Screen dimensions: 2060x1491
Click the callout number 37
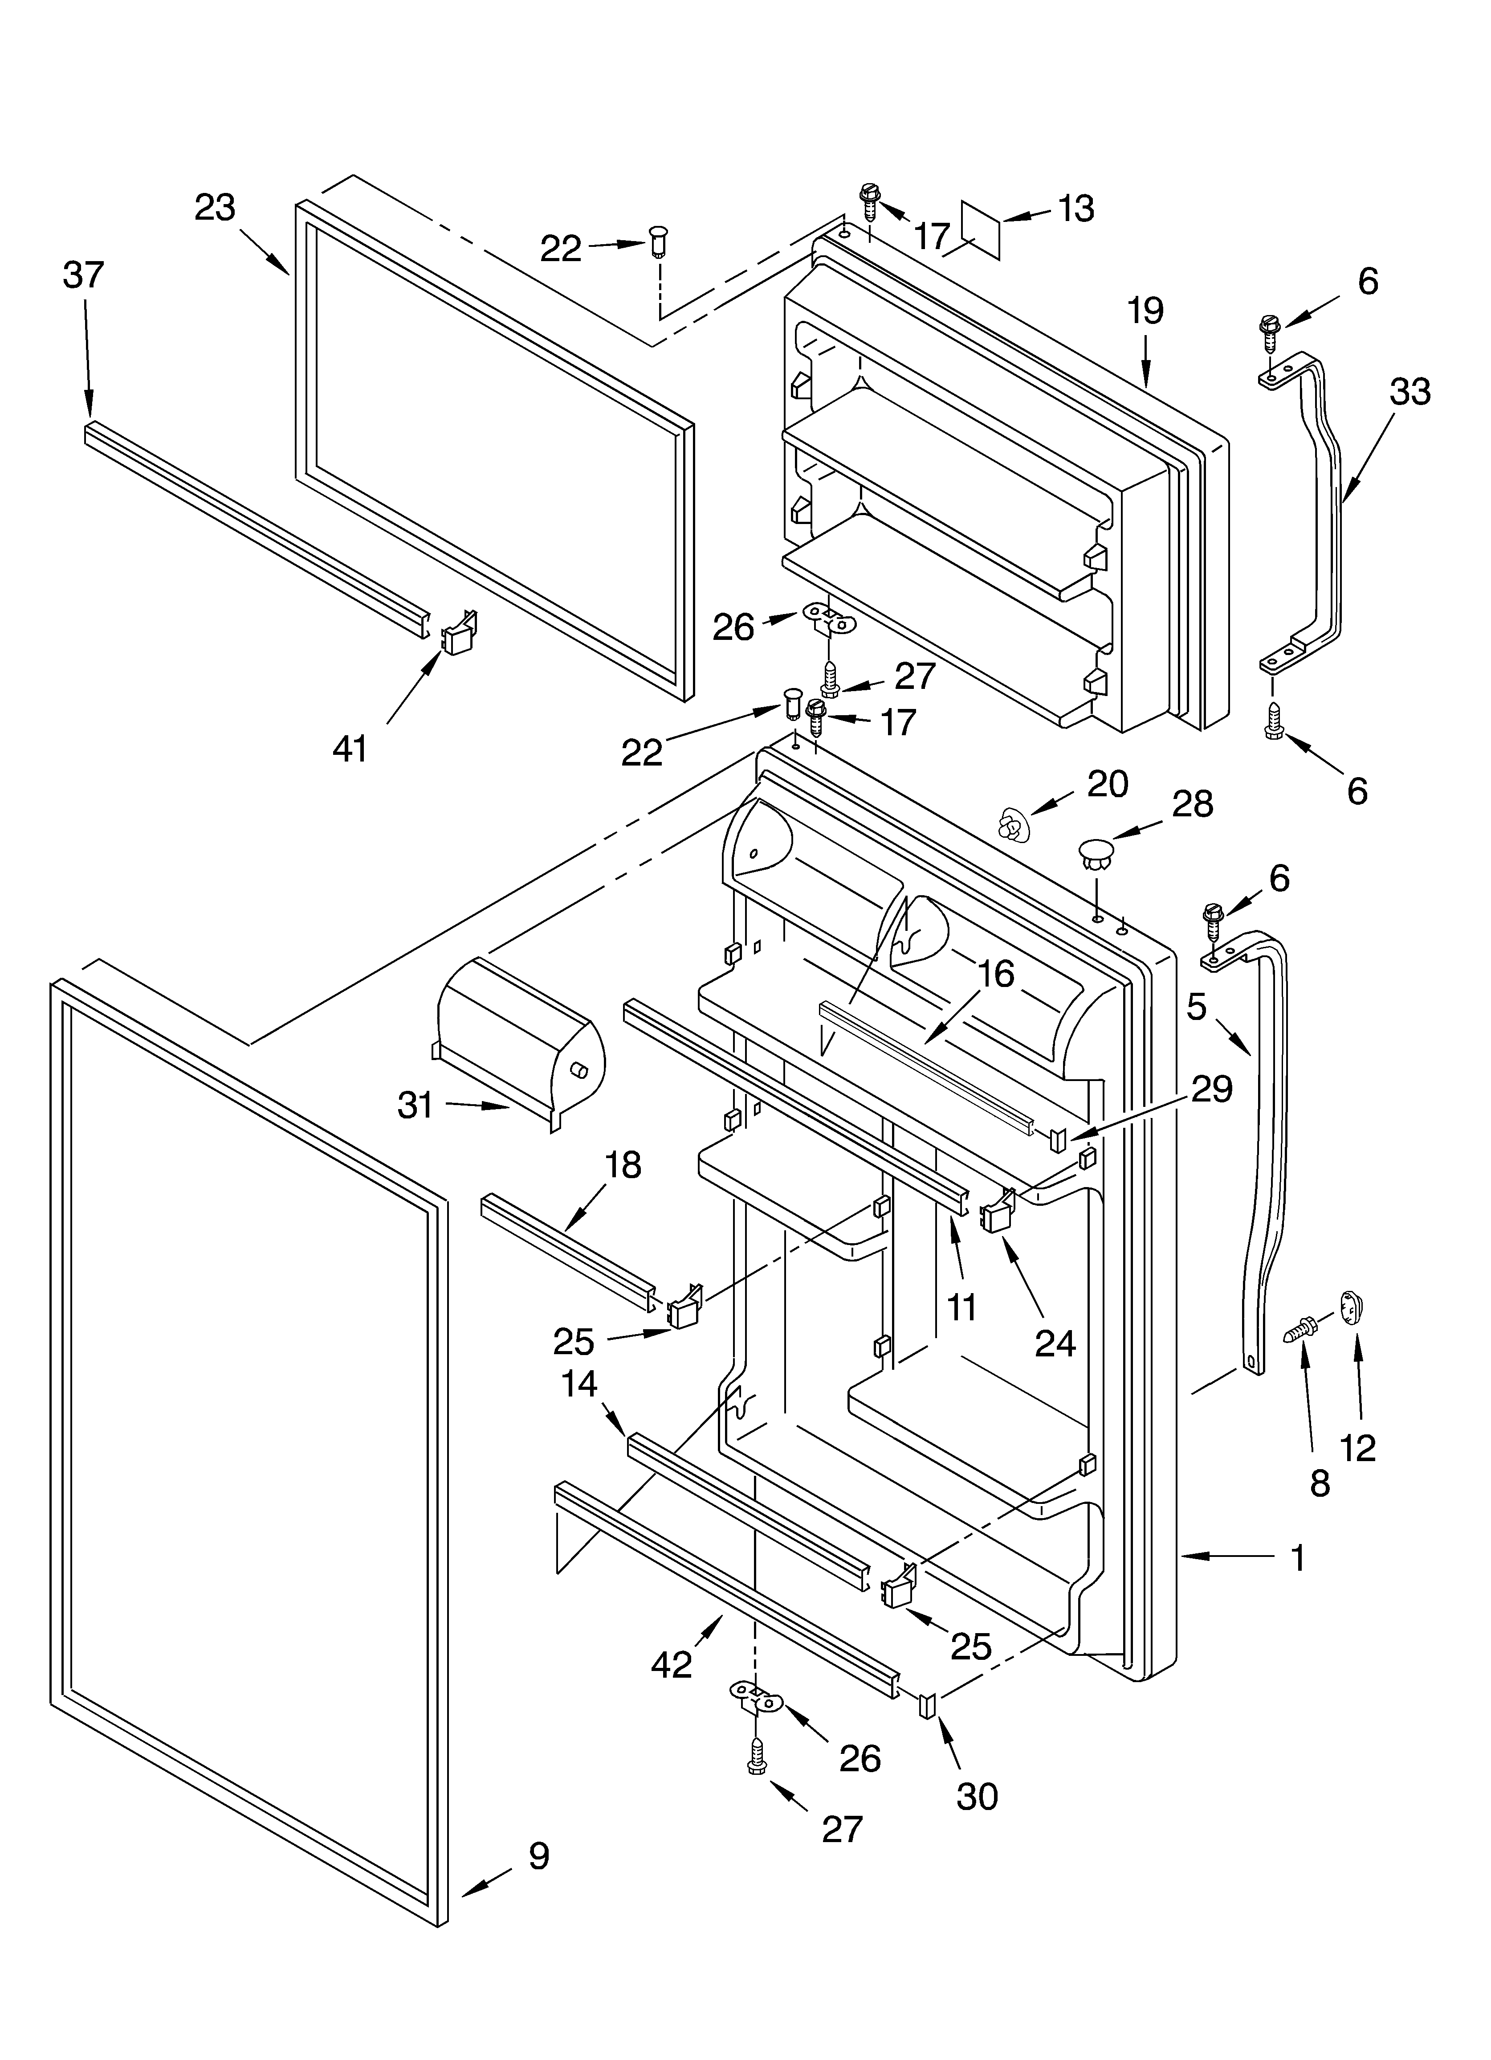coord(84,275)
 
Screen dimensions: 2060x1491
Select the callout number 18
coord(623,1165)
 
